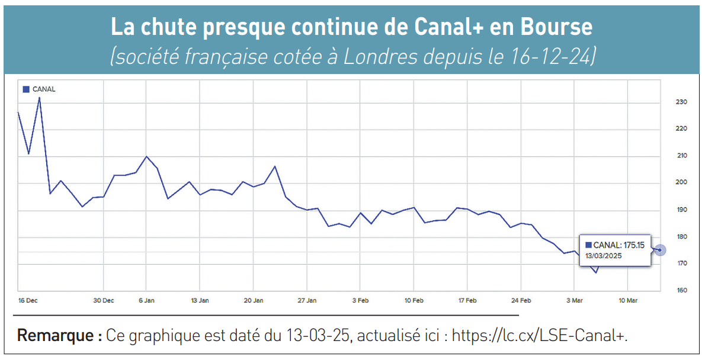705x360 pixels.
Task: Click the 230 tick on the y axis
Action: (681, 102)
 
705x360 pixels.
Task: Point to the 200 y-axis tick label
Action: (681, 182)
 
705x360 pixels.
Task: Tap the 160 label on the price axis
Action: (681, 290)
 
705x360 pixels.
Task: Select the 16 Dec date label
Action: (28, 301)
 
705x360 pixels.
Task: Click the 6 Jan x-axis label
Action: (146, 301)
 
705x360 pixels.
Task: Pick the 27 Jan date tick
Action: (307, 301)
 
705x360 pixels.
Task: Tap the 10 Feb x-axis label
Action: (414, 301)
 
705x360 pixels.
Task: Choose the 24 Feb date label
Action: (521, 301)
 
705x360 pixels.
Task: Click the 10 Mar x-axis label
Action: (628, 301)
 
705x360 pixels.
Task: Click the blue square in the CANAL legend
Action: (26, 89)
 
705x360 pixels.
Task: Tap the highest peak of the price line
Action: (39, 97)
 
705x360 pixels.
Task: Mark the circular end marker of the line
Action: (660, 250)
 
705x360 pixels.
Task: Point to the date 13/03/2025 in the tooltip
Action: (604, 256)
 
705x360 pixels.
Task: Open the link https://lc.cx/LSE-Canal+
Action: (539, 336)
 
